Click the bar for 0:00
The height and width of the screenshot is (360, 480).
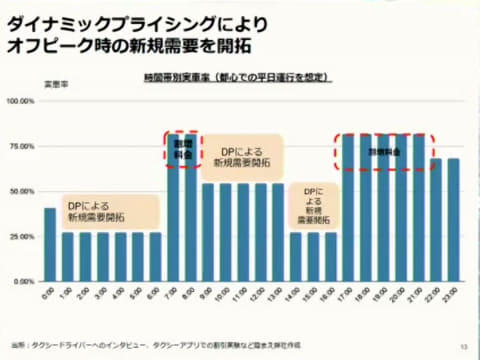tap(50, 245)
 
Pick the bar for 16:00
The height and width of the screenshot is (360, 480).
tap(330, 256)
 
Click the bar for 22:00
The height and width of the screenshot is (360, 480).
tap(435, 220)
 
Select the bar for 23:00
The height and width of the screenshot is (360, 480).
tap(453, 220)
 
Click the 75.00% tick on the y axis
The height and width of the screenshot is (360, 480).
tap(22, 146)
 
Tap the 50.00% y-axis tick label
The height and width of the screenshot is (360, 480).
tap(22, 191)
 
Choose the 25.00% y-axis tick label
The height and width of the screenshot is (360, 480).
tap(22, 237)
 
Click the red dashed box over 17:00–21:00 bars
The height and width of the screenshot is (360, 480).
tap(384, 151)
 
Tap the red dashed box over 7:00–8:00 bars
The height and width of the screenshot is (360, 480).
tap(181, 148)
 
